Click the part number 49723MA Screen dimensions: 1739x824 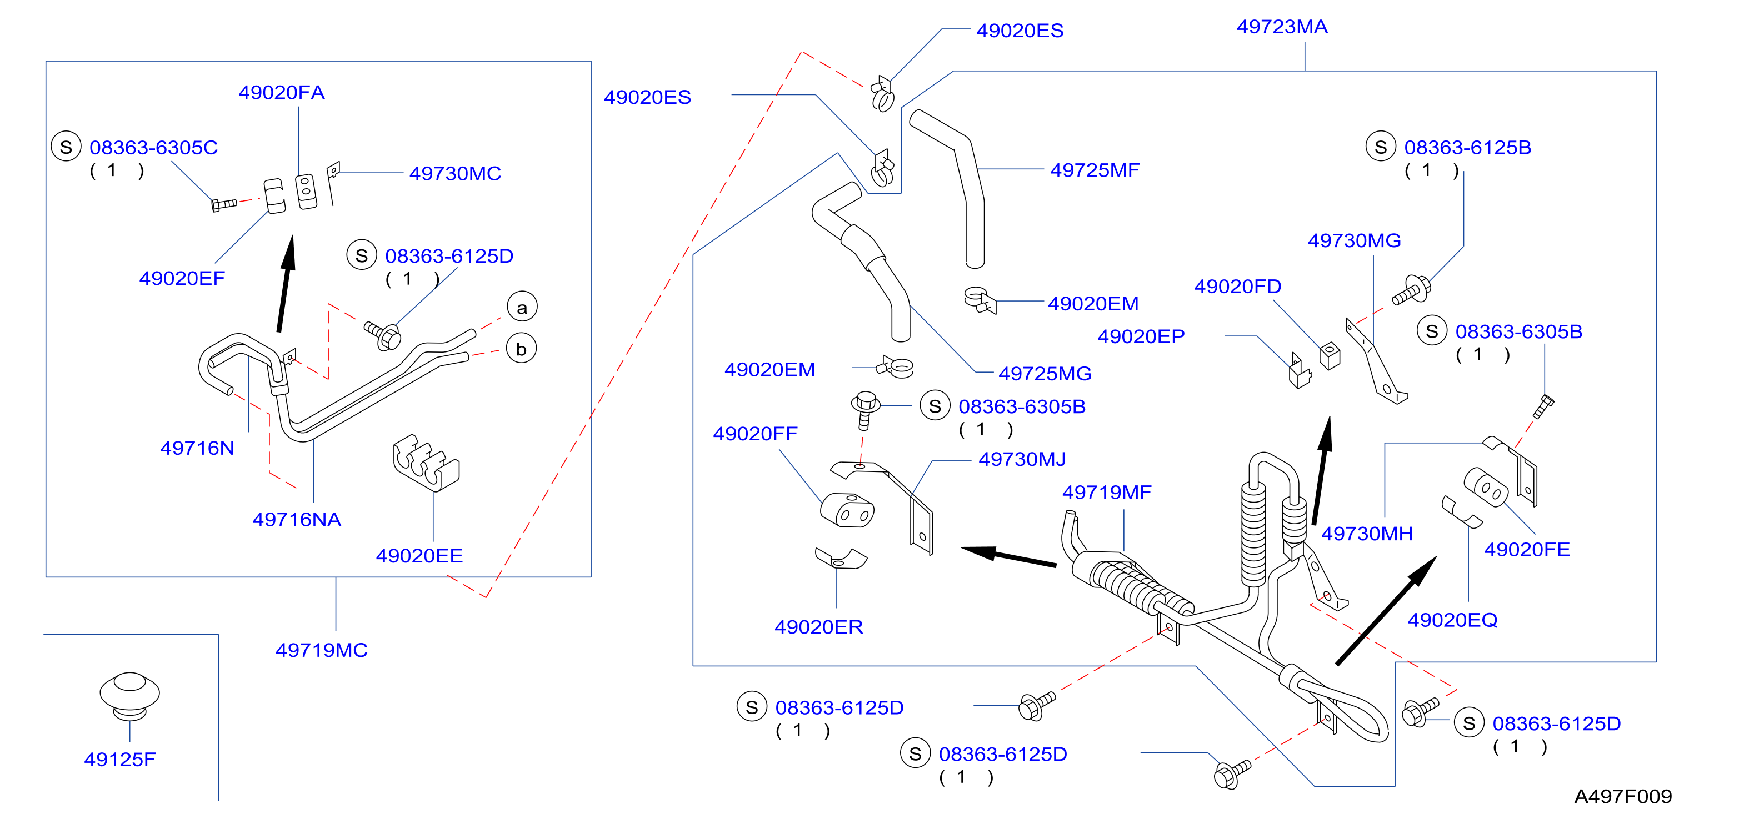[1281, 27]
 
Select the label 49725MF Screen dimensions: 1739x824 [1095, 170]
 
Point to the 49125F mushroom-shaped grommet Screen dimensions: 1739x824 [129, 696]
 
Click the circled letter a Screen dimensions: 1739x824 [522, 307]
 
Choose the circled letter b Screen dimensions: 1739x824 [521, 349]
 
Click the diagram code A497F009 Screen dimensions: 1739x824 [1623, 796]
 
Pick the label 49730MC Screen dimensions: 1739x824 [455, 173]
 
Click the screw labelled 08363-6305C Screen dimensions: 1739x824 [224, 204]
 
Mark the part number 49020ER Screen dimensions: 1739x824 [818, 627]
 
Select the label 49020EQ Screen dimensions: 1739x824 [1452, 620]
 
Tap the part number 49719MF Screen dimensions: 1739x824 [1106, 492]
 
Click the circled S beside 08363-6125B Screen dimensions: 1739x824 [1381, 147]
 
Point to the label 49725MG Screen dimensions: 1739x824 [1045, 373]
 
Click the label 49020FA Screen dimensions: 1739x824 [282, 93]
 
